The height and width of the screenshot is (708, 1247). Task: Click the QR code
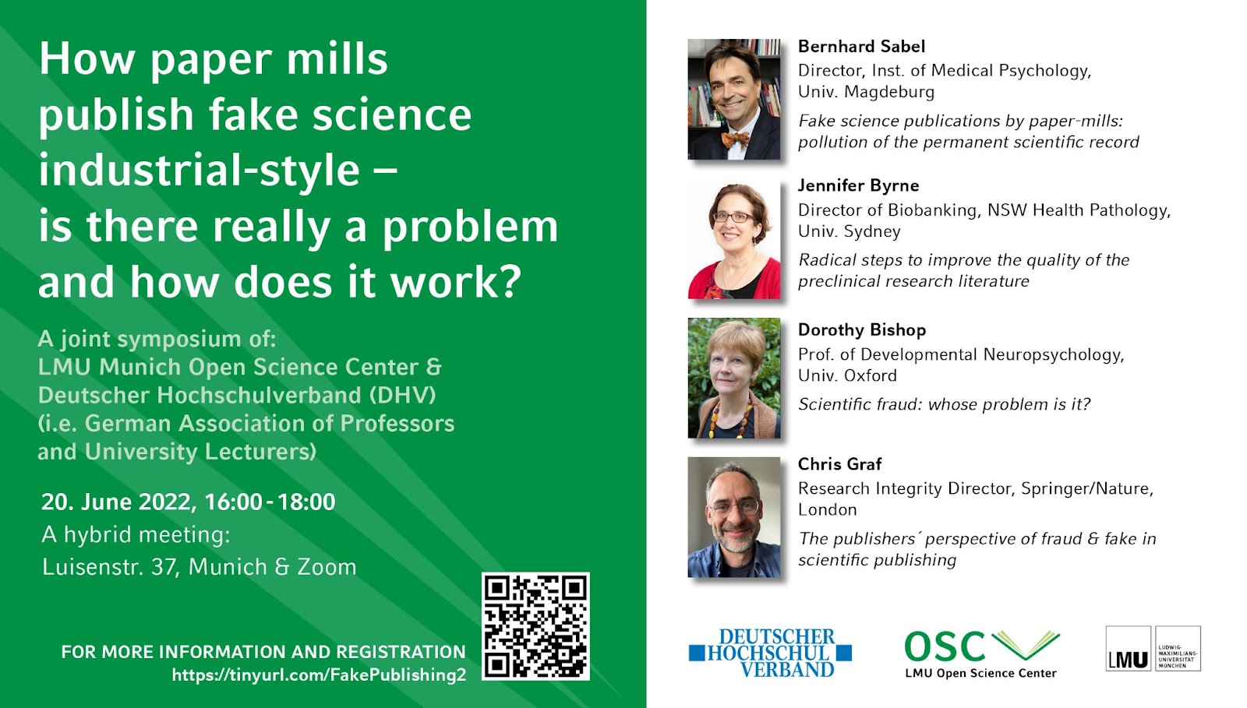coord(535,626)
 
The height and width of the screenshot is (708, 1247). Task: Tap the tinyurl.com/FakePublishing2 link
coord(319,675)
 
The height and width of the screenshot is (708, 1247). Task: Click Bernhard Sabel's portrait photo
coord(733,100)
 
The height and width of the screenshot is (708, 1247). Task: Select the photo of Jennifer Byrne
coord(733,239)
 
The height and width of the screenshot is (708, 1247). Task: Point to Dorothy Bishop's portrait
coord(733,379)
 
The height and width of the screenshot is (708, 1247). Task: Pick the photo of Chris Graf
coord(733,517)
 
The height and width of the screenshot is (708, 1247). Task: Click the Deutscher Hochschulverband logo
coord(770,653)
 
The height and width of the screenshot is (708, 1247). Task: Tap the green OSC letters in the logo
coord(945,646)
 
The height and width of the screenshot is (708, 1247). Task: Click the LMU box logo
coord(1153,649)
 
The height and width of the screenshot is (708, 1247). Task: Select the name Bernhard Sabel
coord(861,46)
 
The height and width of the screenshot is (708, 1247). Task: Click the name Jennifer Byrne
coord(858,185)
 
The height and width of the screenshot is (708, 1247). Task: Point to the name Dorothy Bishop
coord(862,329)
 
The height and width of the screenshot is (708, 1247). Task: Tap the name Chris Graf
coord(839,464)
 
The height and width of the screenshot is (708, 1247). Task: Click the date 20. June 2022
coord(118,502)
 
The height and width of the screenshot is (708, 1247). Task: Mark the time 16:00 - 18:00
coord(270,502)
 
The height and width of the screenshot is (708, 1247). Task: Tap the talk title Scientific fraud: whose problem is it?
coord(944,404)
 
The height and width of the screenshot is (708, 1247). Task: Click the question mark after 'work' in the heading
coord(510,282)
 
